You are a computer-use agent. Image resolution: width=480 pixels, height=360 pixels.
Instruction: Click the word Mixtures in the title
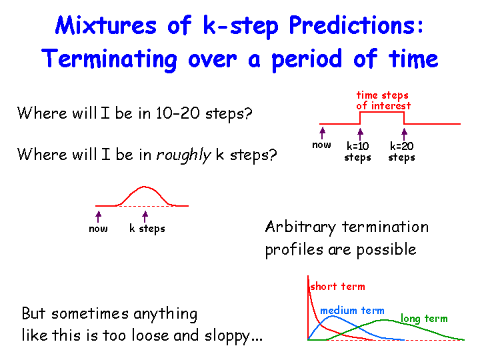106,25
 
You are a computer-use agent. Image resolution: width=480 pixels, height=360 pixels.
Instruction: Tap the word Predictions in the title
356,25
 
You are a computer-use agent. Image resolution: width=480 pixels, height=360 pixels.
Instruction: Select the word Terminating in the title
109,59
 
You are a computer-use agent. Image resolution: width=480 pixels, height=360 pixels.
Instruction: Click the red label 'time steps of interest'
383,101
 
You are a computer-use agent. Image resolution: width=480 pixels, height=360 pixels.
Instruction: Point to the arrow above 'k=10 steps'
360,134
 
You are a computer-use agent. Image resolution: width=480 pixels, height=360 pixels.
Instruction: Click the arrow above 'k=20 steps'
405,134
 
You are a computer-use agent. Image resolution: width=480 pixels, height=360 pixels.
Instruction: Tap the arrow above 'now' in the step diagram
322,133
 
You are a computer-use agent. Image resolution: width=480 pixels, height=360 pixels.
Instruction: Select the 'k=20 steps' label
401,151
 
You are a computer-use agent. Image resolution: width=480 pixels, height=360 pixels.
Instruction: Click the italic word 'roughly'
184,155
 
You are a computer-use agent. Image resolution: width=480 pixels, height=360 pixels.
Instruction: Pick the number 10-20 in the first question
178,113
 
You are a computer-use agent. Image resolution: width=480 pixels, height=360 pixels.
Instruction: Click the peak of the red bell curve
144,187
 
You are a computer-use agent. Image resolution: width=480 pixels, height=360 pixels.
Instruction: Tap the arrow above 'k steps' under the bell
145,217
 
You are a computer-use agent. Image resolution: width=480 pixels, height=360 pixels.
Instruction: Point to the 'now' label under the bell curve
98,229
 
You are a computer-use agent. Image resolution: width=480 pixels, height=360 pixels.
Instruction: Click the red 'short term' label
337,287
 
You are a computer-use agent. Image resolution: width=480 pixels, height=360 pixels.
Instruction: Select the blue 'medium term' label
352,311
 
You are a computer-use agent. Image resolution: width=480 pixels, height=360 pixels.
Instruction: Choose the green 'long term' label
424,319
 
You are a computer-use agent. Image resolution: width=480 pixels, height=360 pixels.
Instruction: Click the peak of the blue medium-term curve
333,316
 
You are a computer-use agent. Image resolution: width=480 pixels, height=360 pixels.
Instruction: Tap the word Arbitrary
300,227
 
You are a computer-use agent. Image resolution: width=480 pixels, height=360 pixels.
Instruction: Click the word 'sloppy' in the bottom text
227,336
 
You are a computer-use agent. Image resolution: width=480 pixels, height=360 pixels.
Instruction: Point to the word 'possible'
386,250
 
